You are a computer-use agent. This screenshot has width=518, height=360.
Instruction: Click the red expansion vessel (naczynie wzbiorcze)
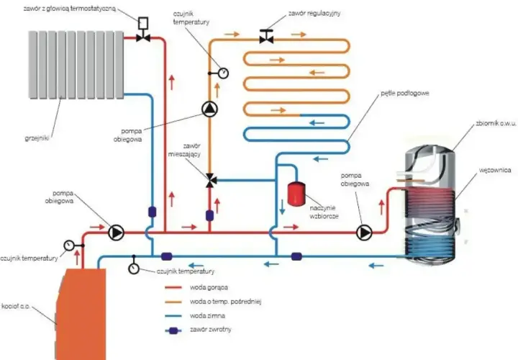(296, 194)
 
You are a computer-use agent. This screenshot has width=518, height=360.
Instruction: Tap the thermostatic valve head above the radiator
(143, 23)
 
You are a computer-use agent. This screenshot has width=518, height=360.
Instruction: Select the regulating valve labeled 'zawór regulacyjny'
(266, 37)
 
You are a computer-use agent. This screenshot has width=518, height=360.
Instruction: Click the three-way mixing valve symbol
(210, 180)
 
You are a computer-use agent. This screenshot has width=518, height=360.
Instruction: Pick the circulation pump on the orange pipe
(210, 109)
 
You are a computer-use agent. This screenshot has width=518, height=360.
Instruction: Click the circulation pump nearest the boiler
(116, 233)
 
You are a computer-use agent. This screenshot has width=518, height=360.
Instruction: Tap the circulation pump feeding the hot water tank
(364, 233)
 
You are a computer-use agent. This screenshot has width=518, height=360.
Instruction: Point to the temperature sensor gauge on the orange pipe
(223, 73)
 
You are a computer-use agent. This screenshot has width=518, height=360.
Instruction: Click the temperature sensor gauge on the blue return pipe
(134, 268)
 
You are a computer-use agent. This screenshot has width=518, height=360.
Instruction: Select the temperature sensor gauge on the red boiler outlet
(69, 246)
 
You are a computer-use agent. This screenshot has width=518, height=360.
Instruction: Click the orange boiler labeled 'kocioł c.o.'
(81, 314)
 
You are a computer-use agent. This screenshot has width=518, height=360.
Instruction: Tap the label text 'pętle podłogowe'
(405, 93)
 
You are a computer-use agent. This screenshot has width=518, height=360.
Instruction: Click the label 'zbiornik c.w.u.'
(496, 124)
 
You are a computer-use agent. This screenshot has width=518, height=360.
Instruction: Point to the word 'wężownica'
(495, 170)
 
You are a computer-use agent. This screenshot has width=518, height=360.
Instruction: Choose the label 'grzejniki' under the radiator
(37, 138)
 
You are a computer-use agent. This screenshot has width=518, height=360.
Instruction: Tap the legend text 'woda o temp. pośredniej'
(226, 302)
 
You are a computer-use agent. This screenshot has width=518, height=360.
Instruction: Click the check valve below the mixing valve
(209, 215)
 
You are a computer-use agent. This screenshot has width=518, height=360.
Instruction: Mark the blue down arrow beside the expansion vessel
(282, 207)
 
